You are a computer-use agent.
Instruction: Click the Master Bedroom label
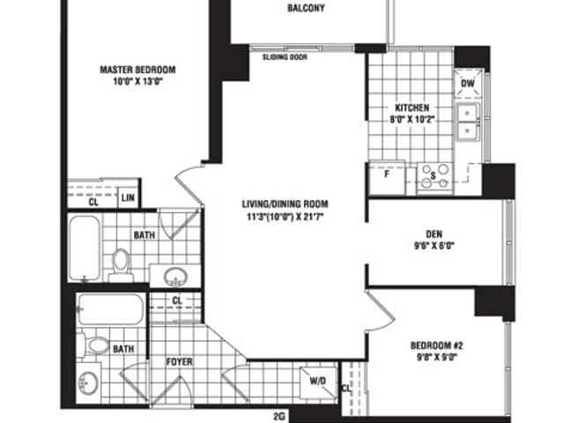pyautogui.click(x=137, y=70)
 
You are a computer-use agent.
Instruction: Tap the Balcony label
pyautogui.click(x=306, y=10)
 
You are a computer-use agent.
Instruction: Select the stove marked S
pyautogui.click(x=433, y=175)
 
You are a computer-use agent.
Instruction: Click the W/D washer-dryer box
pyautogui.click(x=315, y=381)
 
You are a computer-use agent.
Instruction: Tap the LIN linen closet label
pyautogui.click(x=128, y=197)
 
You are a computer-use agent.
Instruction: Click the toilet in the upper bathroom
pyautogui.click(x=121, y=263)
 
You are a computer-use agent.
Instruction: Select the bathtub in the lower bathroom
pyautogui.click(x=109, y=309)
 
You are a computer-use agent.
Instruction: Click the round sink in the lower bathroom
pyautogui.click(x=87, y=382)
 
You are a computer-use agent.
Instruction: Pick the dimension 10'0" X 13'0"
pyautogui.click(x=138, y=82)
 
